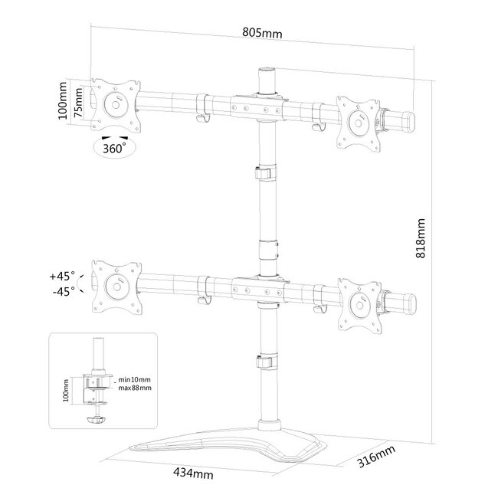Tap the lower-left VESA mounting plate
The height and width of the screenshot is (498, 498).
click(116, 287)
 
